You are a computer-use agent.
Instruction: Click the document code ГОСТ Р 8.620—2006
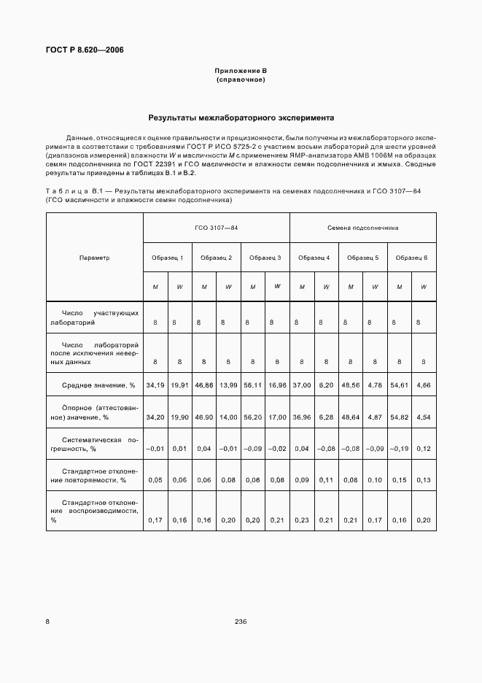[85, 50]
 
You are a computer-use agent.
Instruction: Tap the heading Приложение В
[241, 71]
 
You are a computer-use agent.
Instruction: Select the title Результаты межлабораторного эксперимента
[241, 117]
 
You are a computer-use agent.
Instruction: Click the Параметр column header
[95, 258]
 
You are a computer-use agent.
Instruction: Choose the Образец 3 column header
[265, 258]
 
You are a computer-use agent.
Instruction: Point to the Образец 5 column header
[362, 258]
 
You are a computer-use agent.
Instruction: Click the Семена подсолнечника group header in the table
[363, 228]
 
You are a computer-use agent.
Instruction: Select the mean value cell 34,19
[155, 384]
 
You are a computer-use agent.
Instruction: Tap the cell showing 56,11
[253, 384]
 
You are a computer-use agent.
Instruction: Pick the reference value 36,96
[302, 417]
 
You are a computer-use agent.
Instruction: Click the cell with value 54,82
[400, 417]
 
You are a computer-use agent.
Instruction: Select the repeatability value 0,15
[400, 480]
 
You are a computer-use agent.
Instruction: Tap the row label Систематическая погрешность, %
[95, 445]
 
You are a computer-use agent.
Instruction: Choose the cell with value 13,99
[228, 384]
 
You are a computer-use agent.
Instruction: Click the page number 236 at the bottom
[241, 621]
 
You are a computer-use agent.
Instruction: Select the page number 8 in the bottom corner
[47, 621]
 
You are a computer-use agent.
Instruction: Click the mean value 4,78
[375, 384]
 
